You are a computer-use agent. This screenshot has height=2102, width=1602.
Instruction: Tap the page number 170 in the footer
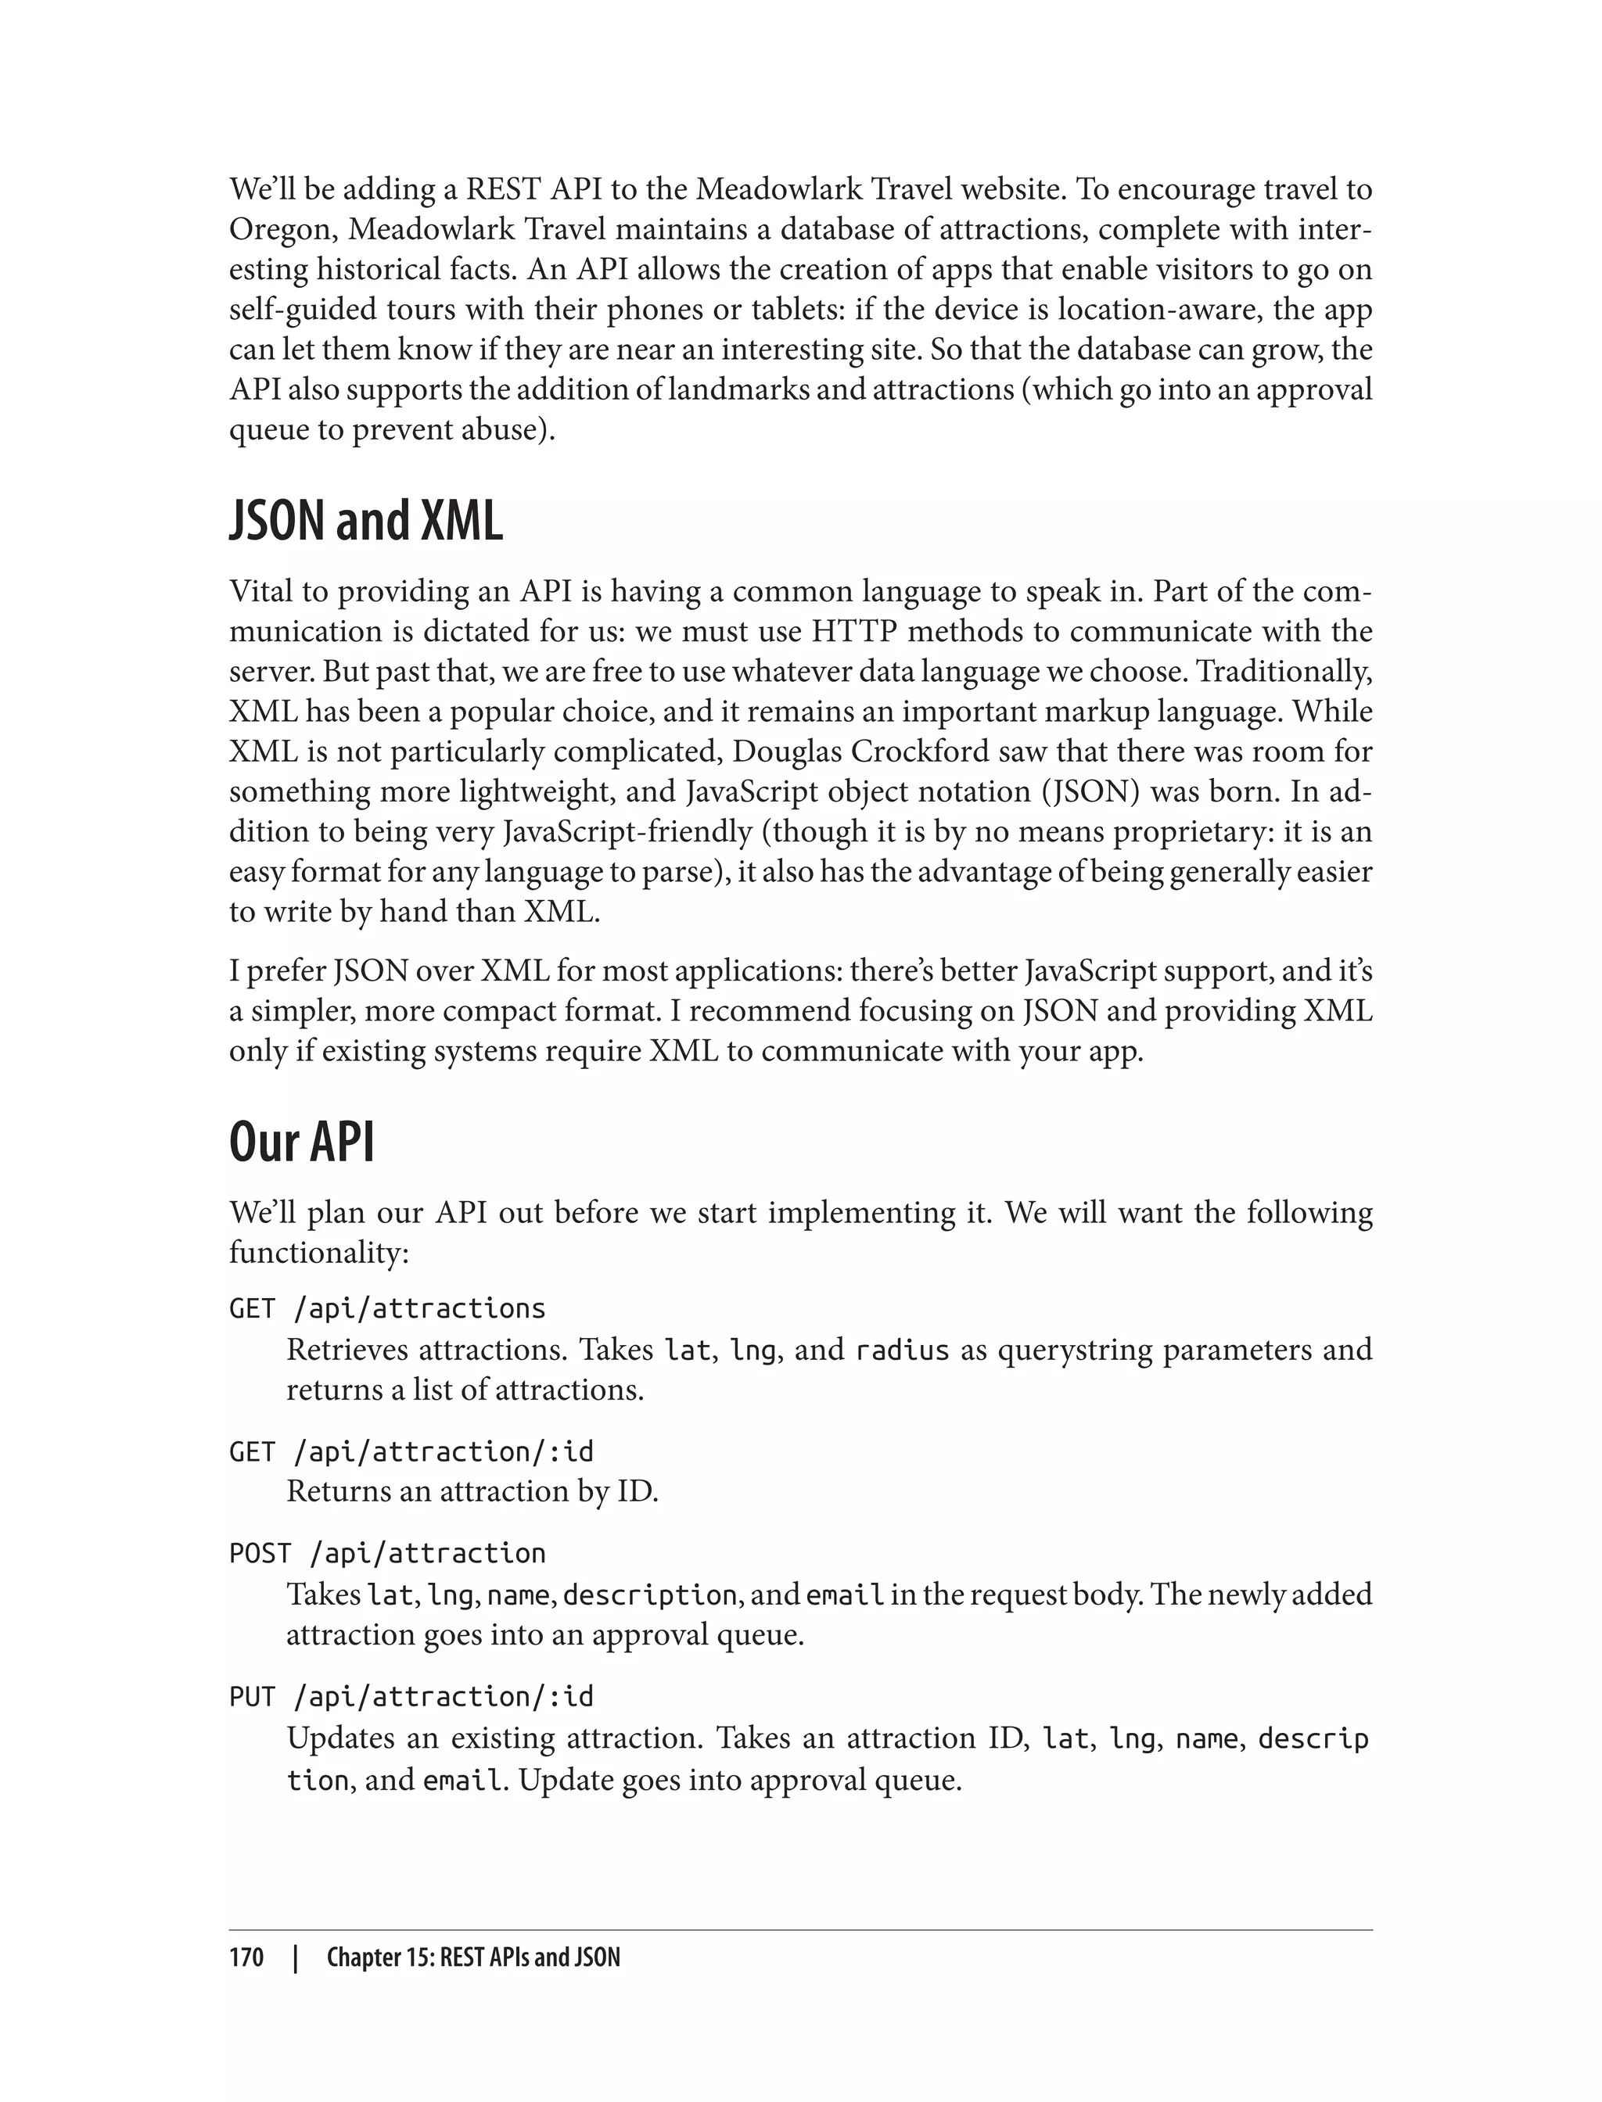(x=246, y=1957)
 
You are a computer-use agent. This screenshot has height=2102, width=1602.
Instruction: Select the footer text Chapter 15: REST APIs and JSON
(x=473, y=1957)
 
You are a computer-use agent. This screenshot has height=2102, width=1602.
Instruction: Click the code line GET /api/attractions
(x=387, y=1308)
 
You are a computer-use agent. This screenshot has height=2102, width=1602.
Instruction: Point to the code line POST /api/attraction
(x=387, y=1554)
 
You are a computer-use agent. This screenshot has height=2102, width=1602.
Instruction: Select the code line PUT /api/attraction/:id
(x=411, y=1697)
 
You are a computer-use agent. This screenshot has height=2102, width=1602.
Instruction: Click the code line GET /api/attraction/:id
(x=411, y=1452)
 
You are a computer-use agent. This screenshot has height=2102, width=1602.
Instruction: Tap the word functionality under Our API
(x=318, y=1253)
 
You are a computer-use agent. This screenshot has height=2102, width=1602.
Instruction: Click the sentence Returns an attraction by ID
(x=472, y=1491)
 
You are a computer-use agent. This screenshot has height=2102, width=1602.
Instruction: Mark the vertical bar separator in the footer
(x=296, y=1957)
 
